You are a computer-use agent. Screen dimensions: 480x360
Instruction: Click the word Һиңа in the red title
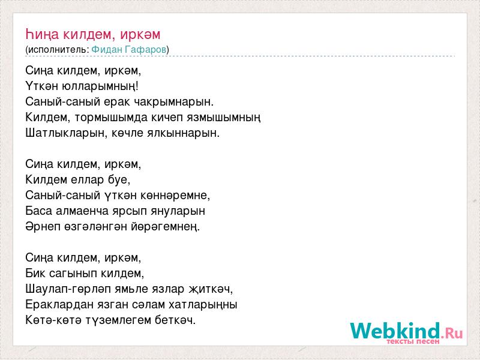[42, 34]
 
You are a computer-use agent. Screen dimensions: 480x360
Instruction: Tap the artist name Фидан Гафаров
[129, 50]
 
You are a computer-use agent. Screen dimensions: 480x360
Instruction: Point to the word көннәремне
[175, 196]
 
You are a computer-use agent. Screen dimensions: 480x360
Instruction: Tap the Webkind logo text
[407, 331]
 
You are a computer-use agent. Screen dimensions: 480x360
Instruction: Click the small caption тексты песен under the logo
[413, 341]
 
